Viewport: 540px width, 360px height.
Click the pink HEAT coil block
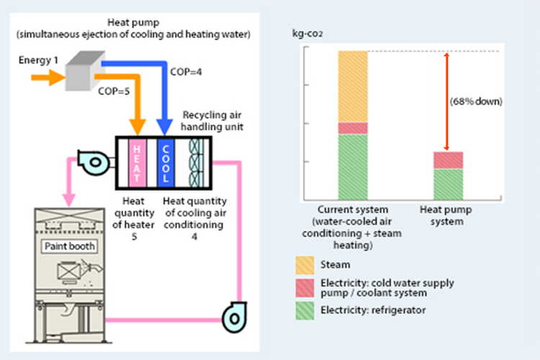[137, 160]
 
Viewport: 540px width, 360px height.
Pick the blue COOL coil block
[166, 160]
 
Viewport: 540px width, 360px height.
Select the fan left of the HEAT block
[96, 161]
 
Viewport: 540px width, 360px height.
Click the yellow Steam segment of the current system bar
[353, 86]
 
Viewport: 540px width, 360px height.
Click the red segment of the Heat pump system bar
[448, 160]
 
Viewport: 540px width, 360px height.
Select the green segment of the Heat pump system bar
[448, 184]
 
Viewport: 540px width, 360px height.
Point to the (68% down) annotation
[476, 102]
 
